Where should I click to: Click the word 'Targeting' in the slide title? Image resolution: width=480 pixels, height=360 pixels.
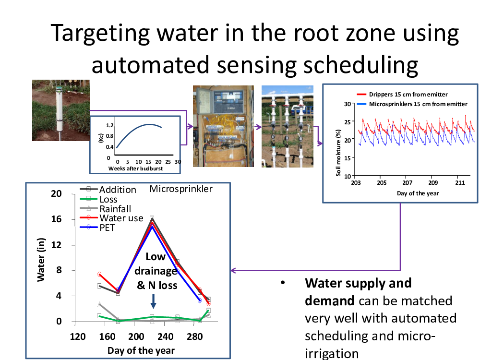coord(100,34)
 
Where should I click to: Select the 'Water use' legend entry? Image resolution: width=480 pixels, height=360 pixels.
coord(112,218)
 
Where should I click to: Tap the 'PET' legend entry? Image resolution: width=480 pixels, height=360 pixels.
coord(97,228)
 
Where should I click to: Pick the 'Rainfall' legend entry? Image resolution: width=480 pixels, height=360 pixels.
coord(106,209)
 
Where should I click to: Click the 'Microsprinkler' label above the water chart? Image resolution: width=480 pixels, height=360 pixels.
coord(181,189)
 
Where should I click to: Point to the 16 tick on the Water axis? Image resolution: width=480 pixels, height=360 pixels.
coord(56,219)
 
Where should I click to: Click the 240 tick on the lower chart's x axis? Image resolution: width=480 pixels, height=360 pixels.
coord(165,337)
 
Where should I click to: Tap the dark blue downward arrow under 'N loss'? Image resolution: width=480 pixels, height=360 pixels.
coord(154,301)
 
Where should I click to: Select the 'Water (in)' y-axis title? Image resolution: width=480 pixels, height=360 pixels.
coord(41,260)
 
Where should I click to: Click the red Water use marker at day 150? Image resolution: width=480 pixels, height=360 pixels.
coord(99,274)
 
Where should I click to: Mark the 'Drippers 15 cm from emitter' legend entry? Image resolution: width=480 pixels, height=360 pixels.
coord(402,94)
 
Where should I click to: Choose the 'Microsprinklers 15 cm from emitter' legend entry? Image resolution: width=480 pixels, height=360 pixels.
coord(412,104)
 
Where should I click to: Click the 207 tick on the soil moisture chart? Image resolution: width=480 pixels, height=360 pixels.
coord(407,183)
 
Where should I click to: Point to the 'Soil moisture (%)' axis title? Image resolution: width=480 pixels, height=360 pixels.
coord(338,153)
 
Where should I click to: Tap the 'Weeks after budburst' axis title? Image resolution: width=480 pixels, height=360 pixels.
coord(136,168)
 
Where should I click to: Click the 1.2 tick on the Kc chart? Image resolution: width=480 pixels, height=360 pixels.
coord(109,125)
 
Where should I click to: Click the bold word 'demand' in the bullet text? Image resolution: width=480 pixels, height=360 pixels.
coord(329,301)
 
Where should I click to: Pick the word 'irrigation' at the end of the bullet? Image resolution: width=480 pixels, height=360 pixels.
coord(332,354)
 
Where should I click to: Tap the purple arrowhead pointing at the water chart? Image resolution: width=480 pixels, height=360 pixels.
coord(233,270)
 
